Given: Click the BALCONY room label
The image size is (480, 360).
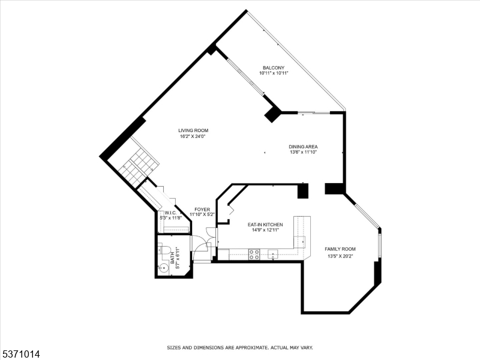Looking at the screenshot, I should pyautogui.click(x=273, y=67).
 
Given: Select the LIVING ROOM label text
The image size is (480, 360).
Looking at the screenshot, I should pyautogui.click(x=193, y=130).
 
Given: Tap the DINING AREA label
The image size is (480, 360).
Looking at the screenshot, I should pyautogui.click(x=303, y=146).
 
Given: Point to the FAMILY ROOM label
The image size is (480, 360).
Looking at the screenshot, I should pyautogui.click(x=340, y=249).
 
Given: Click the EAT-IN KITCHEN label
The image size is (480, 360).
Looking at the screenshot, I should pyautogui.click(x=265, y=224).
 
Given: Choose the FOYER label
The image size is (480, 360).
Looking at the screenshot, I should pyautogui.click(x=202, y=209).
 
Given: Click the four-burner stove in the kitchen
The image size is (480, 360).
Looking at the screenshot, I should pyautogui.click(x=254, y=254).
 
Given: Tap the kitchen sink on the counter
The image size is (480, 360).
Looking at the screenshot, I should pyautogui.click(x=274, y=254).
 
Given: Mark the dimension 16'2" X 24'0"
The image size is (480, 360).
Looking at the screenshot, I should pyautogui.click(x=193, y=136).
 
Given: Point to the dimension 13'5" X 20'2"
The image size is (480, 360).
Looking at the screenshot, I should pyautogui.click(x=340, y=256).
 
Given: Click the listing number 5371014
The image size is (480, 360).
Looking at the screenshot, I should pyautogui.click(x=20, y=355).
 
